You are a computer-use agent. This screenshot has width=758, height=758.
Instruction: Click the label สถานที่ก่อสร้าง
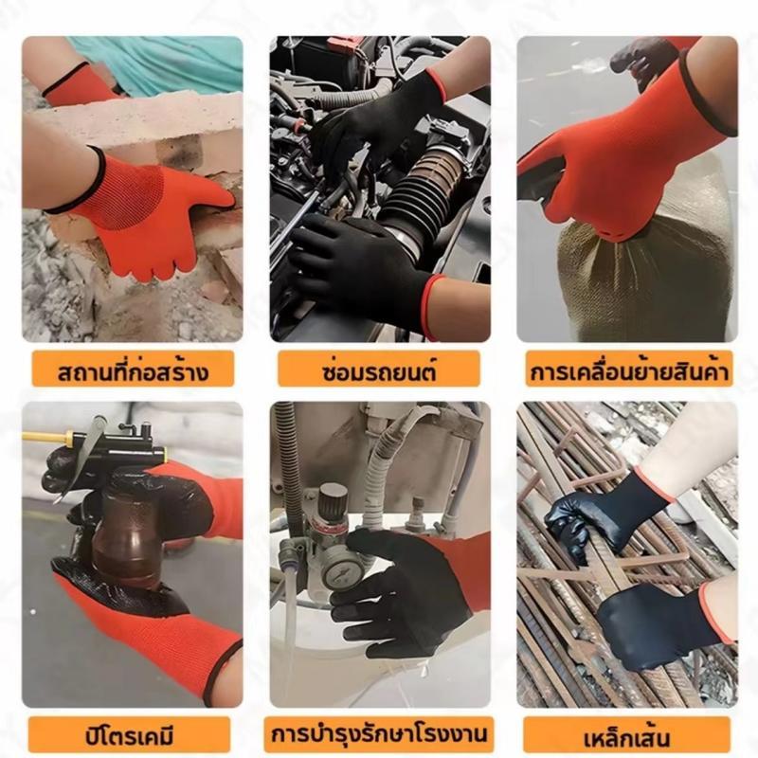134,372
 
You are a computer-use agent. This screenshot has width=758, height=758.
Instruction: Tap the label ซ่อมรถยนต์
380,371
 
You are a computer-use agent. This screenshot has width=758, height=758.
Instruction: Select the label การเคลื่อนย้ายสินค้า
629,372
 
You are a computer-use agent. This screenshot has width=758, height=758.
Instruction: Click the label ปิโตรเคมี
129,736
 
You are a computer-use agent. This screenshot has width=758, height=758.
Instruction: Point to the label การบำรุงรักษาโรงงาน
380,734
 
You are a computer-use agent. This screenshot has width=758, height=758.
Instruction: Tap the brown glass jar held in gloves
127,540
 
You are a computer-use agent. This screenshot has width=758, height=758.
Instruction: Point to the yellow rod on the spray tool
46,437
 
